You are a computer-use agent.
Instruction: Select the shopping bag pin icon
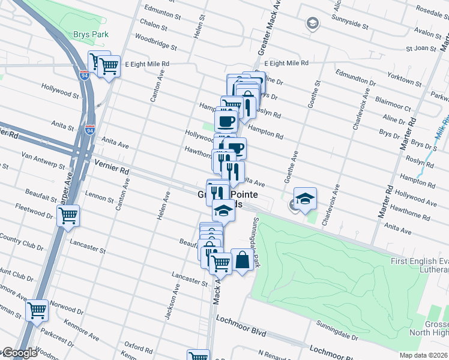241,260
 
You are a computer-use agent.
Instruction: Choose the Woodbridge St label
156,42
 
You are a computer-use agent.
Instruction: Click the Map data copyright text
423,355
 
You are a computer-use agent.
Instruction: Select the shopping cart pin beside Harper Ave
68,215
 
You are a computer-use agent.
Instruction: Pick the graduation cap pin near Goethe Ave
305,199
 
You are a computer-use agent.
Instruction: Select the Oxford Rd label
139,347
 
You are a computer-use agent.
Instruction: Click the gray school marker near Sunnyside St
312,23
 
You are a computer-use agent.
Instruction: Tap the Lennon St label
99,197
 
